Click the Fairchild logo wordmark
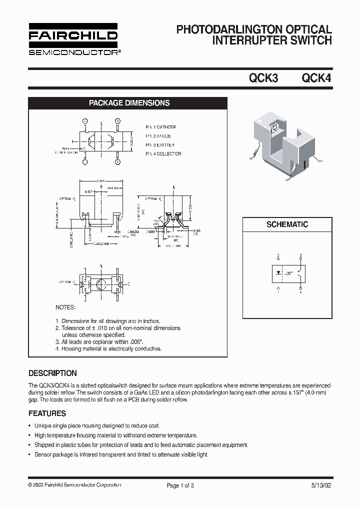click(x=72, y=35)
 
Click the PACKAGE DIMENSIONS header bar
click(x=129, y=103)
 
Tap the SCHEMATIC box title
click(x=287, y=224)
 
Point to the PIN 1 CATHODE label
click(x=160, y=127)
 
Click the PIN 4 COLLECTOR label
click(x=163, y=154)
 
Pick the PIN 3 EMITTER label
click(x=160, y=145)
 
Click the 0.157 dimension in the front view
click(x=88, y=191)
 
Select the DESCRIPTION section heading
click(x=52, y=373)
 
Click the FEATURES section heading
click(x=47, y=413)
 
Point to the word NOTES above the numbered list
click(x=65, y=307)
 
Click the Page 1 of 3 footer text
click(x=180, y=485)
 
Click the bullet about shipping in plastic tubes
click(x=141, y=445)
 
